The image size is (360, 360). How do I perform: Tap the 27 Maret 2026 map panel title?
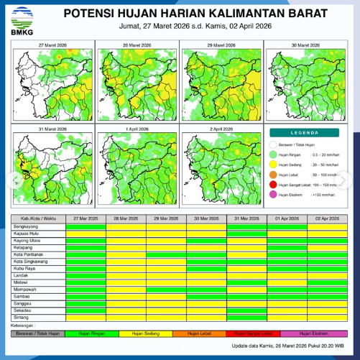tap(52, 45)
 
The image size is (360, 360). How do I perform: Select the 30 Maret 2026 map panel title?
tap(306, 45)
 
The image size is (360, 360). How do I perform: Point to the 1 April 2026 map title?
tap(137, 129)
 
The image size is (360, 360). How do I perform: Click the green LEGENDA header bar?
tap(307, 132)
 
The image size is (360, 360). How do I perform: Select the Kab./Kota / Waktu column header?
tap(38, 217)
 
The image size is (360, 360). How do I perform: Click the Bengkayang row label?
tap(27, 226)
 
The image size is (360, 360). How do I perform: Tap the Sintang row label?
tap(23, 317)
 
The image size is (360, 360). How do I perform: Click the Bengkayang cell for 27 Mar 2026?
tap(86, 226)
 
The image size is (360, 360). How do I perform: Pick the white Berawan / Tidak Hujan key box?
tap(38, 333)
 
